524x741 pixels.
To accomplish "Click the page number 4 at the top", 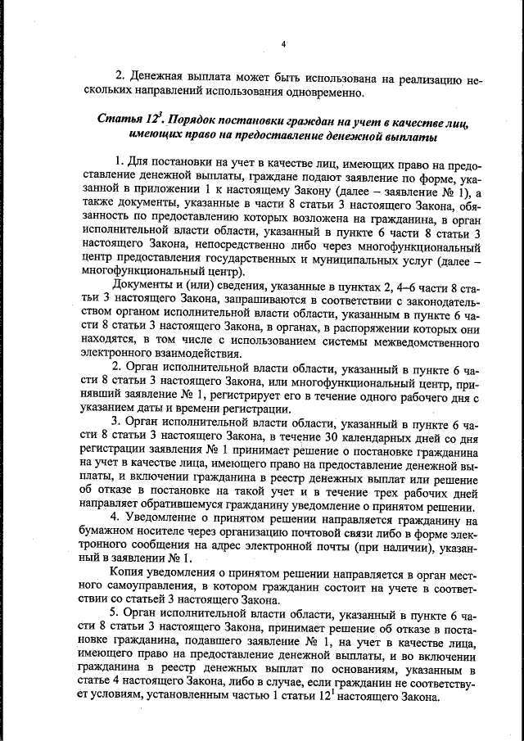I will (282, 43).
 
